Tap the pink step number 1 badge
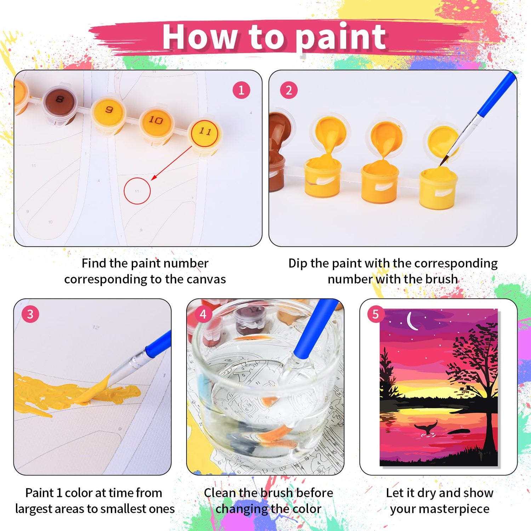coord(241,90)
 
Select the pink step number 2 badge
coord(289,90)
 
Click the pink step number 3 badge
coord(30,314)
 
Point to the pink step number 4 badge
coord(203,314)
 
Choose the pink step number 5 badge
coord(376,314)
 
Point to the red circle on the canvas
coord(137,178)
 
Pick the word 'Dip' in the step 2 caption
coord(297,264)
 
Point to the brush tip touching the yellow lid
coord(442,162)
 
